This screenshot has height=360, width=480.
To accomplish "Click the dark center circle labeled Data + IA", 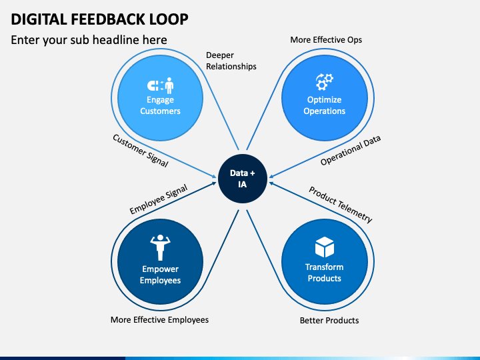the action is pyautogui.click(x=243, y=179).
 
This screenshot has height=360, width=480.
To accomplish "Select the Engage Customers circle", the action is pyautogui.click(x=160, y=98).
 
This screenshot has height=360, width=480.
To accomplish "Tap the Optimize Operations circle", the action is pyautogui.click(x=325, y=98).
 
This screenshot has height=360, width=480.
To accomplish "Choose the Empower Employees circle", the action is pyautogui.click(x=160, y=262).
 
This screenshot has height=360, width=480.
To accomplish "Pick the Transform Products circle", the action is pyautogui.click(x=325, y=262).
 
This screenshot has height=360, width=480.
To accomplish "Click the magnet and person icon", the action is pyautogui.click(x=161, y=85).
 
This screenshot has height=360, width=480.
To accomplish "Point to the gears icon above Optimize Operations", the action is pyautogui.click(x=325, y=82).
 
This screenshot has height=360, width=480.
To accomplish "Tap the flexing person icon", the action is pyautogui.click(x=160, y=247).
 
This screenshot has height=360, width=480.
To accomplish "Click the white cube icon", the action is pyautogui.click(x=325, y=247).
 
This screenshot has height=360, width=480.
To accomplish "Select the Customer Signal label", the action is pyautogui.click(x=141, y=151).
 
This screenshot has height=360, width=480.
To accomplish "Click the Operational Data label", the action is pyautogui.click(x=351, y=150).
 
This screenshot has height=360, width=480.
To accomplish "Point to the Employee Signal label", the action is pyautogui.click(x=158, y=199).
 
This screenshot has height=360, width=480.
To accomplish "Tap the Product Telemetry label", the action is pyautogui.click(x=341, y=205).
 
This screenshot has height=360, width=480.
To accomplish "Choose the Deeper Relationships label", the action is pyautogui.click(x=231, y=61).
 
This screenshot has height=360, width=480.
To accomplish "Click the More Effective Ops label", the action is pyautogui.click(x=326, y=40).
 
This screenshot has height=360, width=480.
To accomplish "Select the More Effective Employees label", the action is pyautogui.click(x=159, y=320).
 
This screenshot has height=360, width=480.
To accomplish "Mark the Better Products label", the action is pyautogui.click(x=329, y=321).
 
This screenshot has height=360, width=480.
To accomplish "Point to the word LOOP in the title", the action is pyautogui.click(x=169, y=19).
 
